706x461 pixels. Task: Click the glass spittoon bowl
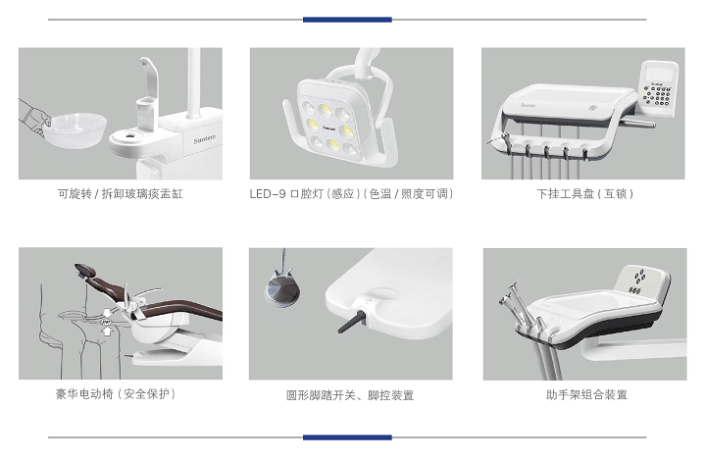click(74, 127)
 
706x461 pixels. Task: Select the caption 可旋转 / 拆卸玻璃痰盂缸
click(121, 194)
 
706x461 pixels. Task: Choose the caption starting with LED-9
click(351, 194)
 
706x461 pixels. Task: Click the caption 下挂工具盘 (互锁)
click(584, 194)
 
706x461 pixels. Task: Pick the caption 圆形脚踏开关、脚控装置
click(350, 395)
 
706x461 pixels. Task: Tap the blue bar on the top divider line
click(347, 19)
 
